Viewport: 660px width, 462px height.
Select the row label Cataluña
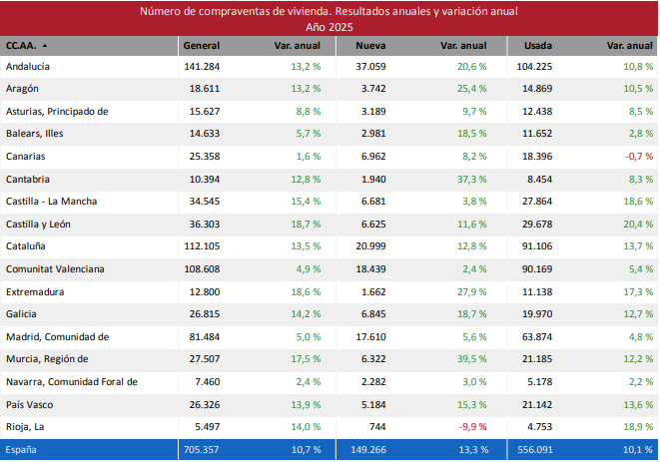(x=27, y=246)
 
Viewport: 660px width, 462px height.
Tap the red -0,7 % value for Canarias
(x=638, y=157)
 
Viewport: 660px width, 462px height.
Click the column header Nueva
(x=371, y=46)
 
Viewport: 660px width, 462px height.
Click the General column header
(x=201, y=46)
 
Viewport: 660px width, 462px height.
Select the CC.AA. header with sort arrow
(x=27, y=46)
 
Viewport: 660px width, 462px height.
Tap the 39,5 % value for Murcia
(x=471, y=359)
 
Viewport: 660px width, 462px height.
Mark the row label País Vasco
(x=30, y=404)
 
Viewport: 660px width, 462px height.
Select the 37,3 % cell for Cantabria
(x=471, y=179)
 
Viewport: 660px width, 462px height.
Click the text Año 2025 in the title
(x=329, y=27)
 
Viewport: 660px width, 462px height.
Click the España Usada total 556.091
(x=534, y=450)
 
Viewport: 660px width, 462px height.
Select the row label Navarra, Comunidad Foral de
(x=71, y=381)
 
